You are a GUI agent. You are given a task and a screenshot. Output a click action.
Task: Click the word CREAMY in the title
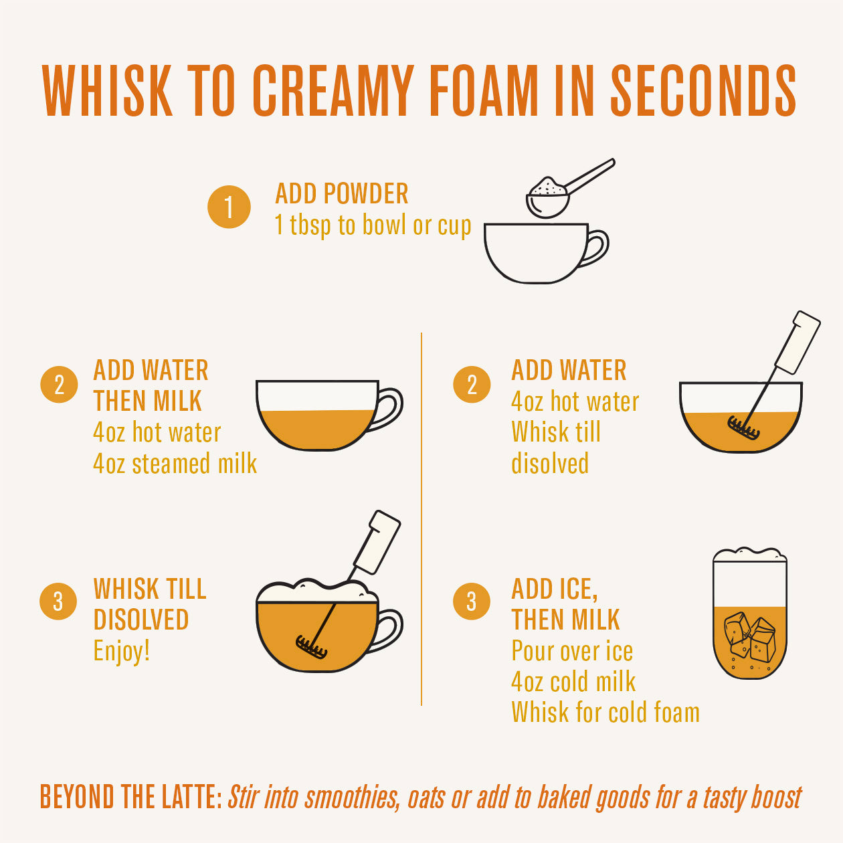click(333, 91)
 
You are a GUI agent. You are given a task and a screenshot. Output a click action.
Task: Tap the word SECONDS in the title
click(703, 91)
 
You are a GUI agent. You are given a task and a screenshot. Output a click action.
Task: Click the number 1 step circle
click(229, 207)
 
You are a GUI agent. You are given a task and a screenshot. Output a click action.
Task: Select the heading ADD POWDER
click(341, 194)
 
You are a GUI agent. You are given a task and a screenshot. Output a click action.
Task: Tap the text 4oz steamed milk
click(175, 464)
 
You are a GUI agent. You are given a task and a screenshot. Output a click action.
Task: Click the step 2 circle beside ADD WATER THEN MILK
click(59, 385)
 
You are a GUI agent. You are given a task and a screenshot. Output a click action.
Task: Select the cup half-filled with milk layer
click(318, 415)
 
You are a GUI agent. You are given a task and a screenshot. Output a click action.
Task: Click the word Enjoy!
click(122, 650)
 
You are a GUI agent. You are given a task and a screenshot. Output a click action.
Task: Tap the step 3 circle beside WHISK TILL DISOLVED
click(58, 601)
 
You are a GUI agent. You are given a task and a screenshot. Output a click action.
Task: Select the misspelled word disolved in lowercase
click(549, 464)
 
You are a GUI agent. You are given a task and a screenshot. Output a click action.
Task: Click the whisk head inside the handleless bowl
click(743, 427)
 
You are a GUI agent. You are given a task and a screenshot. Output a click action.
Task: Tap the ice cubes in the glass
click(749, 636)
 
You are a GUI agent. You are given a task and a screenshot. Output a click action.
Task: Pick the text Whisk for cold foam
click(605, 713)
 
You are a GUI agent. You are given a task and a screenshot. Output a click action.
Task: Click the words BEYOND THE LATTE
click(130, 798)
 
